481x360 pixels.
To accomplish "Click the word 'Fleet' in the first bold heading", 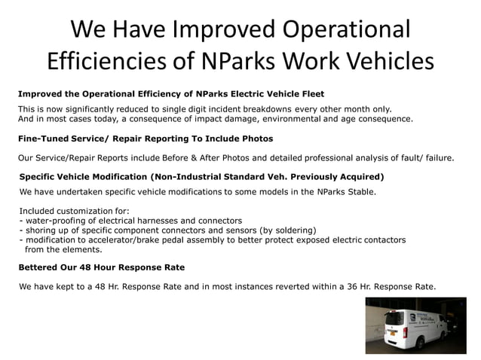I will (x=309, y=94).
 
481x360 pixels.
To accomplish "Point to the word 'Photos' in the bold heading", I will (x=254, y=139).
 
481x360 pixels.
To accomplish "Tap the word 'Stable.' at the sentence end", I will (x=357, y=191).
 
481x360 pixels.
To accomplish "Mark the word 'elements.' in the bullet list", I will (x=81, y=249).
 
